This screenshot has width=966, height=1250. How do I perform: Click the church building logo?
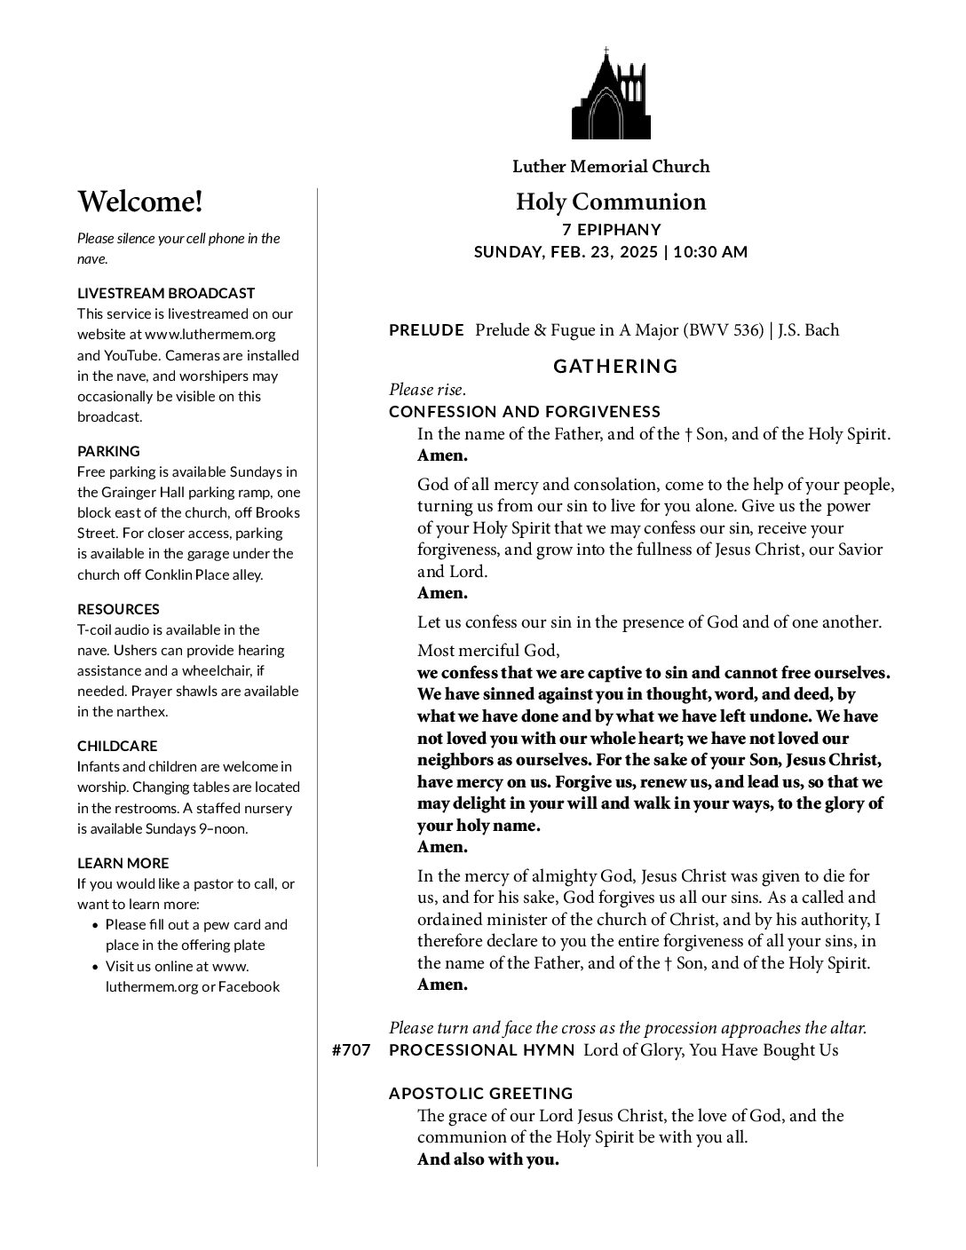coord(611,94)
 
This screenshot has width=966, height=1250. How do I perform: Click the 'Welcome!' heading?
coord(140,202)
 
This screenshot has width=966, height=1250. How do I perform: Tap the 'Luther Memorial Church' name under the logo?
coord(611,166)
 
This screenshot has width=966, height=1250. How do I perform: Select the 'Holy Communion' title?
coord(611,202)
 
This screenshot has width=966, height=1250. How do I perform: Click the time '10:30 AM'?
coord(710,252)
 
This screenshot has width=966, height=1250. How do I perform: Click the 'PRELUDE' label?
coord(426,330)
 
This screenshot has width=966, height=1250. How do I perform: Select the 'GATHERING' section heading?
coord(615,366)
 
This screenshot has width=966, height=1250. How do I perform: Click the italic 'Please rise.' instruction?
coord(428,390)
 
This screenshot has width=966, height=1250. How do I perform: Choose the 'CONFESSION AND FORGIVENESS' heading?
coord(525,411)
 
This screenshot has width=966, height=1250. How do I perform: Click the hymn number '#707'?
coord(351,1050)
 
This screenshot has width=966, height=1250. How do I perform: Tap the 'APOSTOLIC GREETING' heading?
coord(481,1093)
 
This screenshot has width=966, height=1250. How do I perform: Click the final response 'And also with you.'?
coord(488,1159)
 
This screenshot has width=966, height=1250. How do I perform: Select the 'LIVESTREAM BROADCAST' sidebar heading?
coord(166,293)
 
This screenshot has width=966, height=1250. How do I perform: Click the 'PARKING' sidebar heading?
coord(108,451)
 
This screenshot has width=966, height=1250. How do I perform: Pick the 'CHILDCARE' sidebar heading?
coord(117,746)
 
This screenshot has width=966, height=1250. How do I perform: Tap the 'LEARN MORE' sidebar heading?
coord(123,863)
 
